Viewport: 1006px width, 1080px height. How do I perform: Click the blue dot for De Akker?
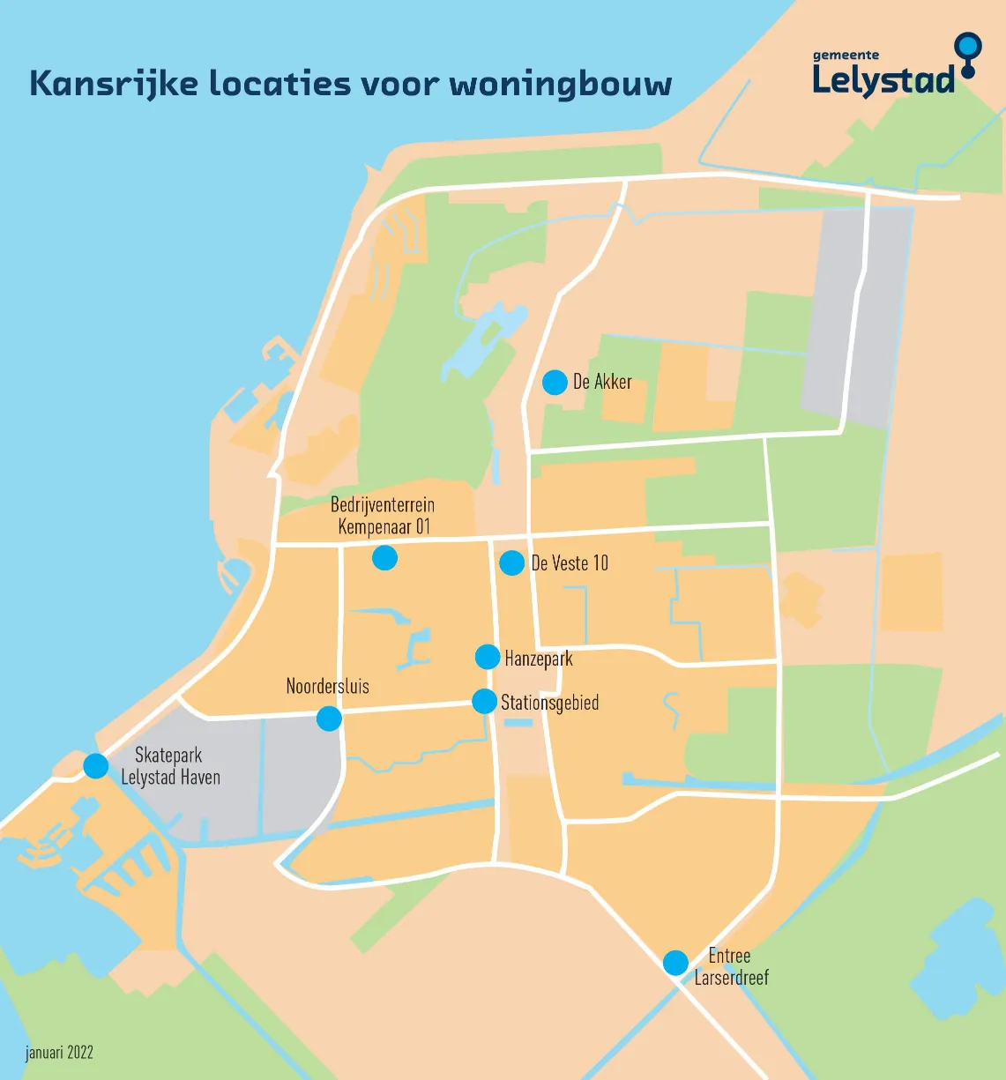click(555, 383)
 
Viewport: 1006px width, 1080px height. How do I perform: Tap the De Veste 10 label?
click(570, 563)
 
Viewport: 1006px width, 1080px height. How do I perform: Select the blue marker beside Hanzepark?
click(488, 657)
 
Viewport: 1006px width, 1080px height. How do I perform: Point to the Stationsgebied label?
click(549, 703)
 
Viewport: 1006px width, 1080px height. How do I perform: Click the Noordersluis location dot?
click(329, 719)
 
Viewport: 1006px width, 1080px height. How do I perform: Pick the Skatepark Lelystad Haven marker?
click(96, 765)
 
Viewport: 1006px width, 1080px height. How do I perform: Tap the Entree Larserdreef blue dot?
click(675, 963)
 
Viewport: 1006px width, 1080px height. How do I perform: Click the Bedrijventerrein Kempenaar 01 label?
click(383, 516)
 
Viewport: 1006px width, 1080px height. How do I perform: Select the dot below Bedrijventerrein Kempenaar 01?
click(384, 557)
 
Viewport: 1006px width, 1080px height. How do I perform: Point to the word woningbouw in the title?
click(561, 85)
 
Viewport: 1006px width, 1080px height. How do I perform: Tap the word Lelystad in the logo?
click(883, 80)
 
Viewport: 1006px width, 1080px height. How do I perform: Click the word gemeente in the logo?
click(846, 55)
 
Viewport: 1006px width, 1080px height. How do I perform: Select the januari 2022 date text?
click(59, 1052)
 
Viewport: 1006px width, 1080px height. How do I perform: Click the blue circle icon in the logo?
click(968, 47)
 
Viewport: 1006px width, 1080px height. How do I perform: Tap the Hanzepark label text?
click(539, 659)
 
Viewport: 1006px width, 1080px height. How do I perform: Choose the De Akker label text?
click(602, 382)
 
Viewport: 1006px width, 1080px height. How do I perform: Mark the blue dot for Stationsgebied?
click(484, 701)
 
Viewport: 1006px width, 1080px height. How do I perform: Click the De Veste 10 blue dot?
click(511, 562)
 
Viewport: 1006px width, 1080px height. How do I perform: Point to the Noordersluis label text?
click(327, 686)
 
